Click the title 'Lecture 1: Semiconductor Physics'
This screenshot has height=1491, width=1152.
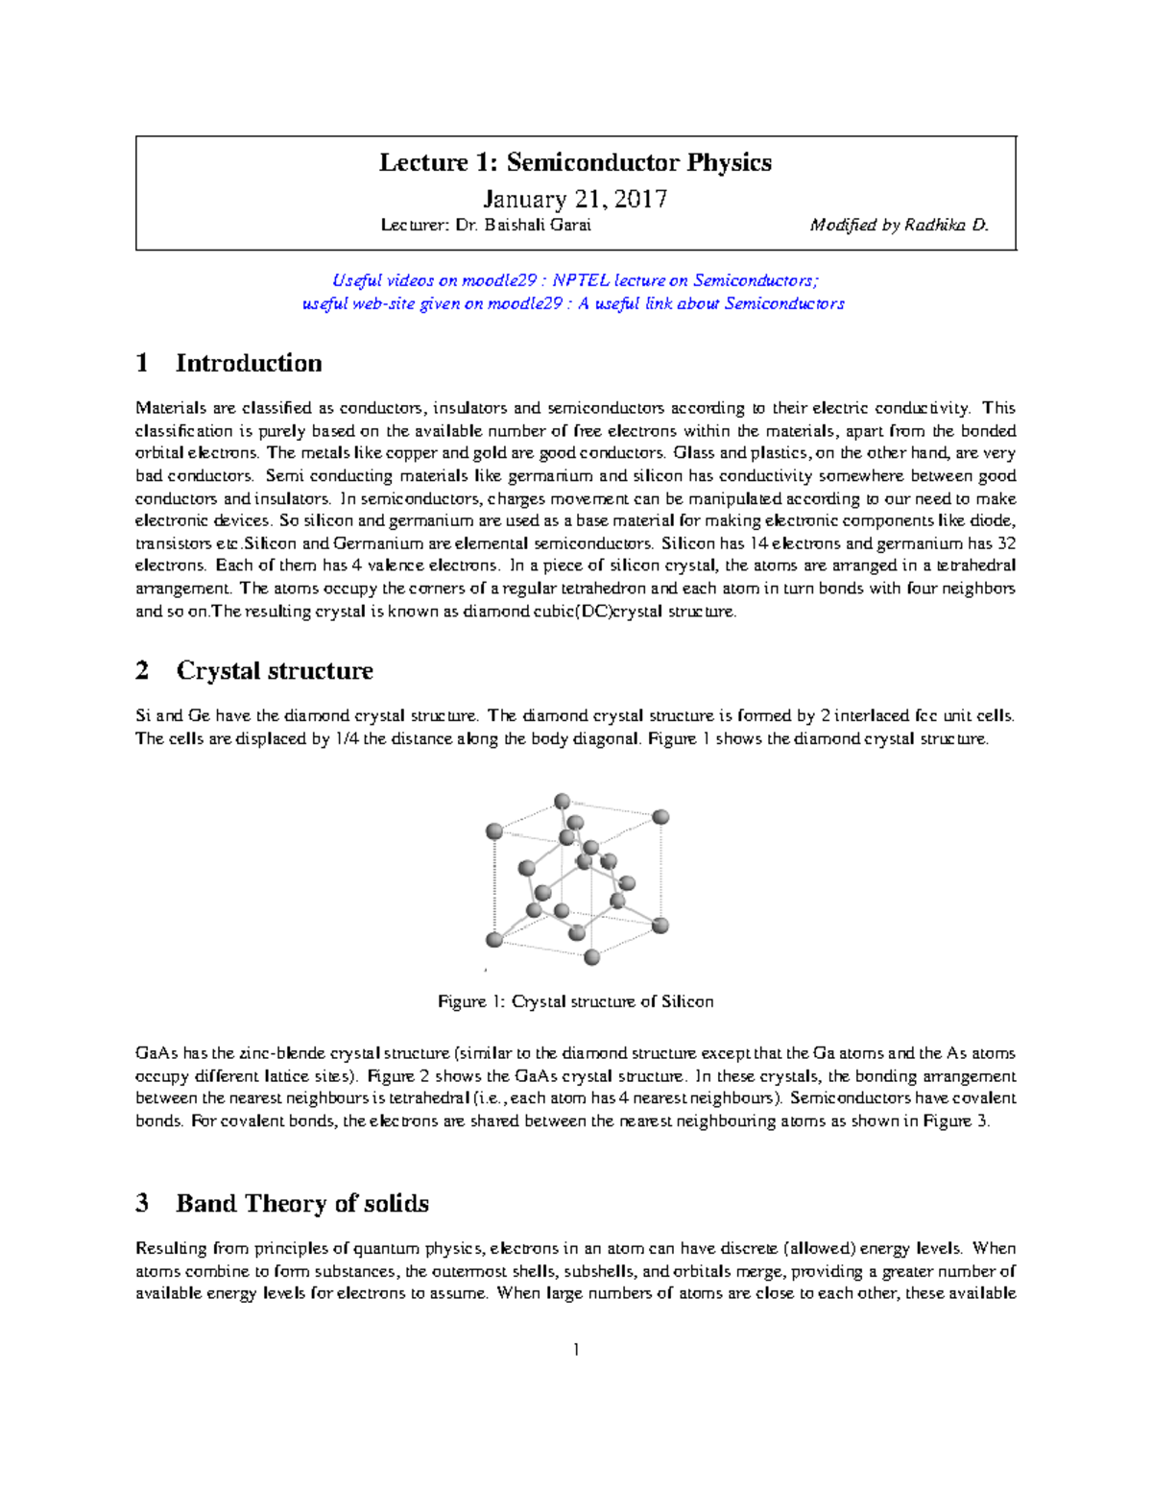[575, 162]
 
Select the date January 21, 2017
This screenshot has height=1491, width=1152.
[575, 199]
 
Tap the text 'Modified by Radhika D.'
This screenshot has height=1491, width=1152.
[899, 225]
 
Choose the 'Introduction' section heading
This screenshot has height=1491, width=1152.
[249, 363]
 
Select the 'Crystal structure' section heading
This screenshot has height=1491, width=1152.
[275, 670]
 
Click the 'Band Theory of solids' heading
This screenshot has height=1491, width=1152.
[302, 1203]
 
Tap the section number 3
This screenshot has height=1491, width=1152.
[142, 1203]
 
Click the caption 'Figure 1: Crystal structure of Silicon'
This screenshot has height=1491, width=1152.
[575, 1001]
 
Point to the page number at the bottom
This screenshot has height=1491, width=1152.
[575, 1350]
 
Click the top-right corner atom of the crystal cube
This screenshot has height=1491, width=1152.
[660, 817]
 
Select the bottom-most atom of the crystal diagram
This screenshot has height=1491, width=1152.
[592, 956]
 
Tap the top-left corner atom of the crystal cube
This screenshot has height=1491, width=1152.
[494, 831]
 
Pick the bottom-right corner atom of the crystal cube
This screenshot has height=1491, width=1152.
[660, 926]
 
